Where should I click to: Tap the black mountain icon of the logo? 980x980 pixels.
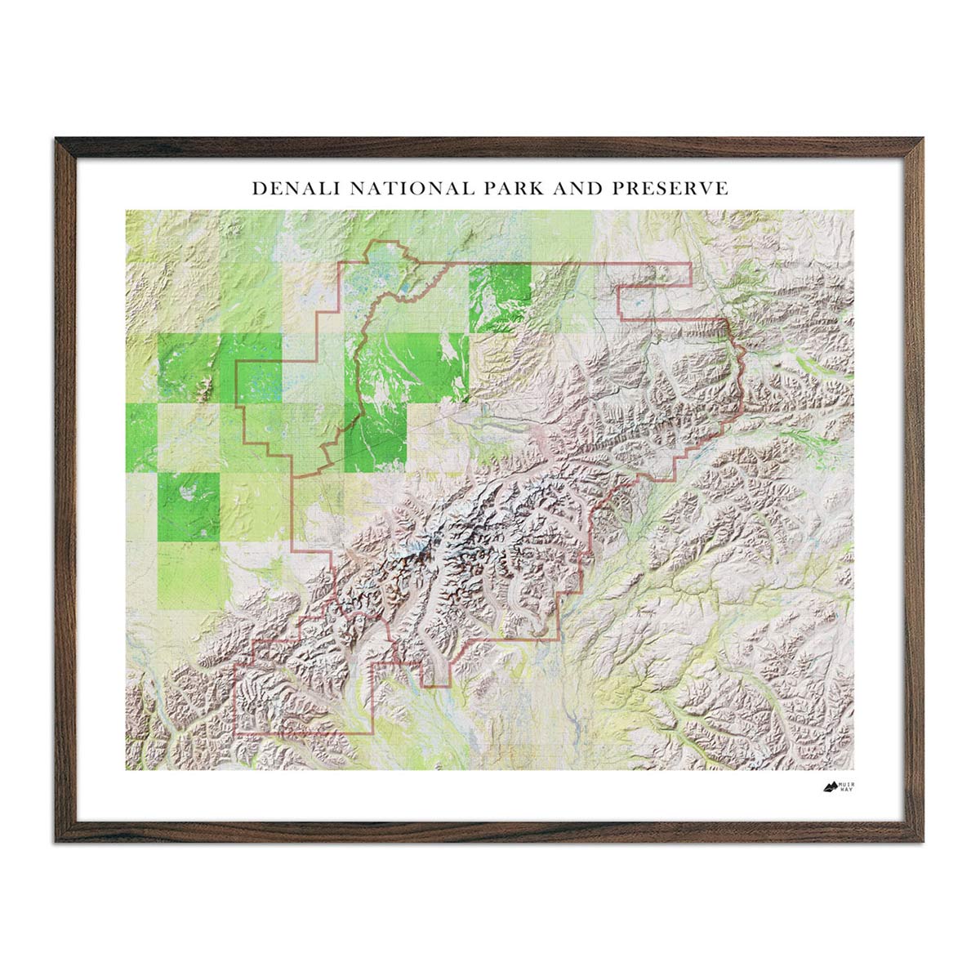(x=830, y=788)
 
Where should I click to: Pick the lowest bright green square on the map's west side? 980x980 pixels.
(x=189, y=506)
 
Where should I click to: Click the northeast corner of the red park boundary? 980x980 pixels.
(x=690, y=265)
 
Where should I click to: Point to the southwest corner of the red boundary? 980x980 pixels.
(x=236, y=733)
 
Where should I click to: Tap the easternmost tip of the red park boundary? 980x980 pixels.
(x=742, y=359)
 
